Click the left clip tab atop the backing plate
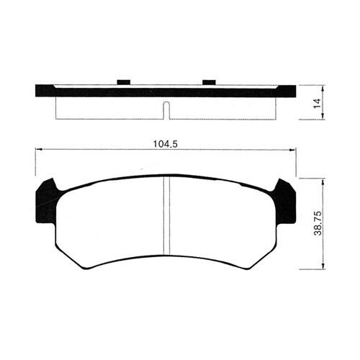point(122,81)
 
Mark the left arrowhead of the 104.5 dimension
point(40,150)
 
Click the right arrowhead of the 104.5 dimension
point(292,150)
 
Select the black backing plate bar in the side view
point(166,91)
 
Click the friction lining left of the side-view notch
point(108,107)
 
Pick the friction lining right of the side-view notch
point(223,107)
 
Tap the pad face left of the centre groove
point(108,223)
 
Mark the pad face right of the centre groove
point(223,223)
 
